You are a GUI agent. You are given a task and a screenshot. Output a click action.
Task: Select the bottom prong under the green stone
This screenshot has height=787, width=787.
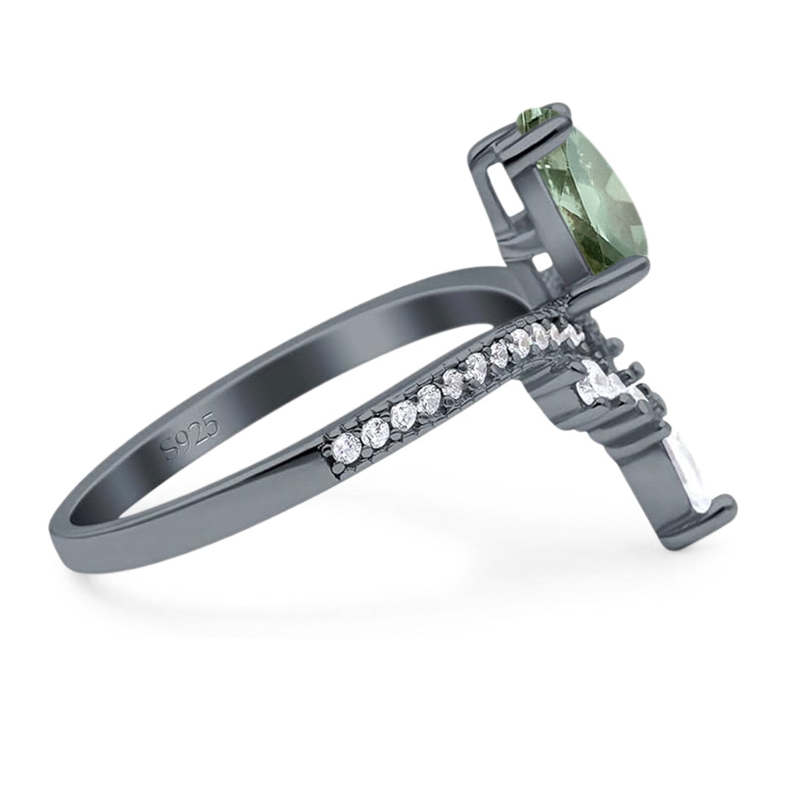(610, 273)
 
